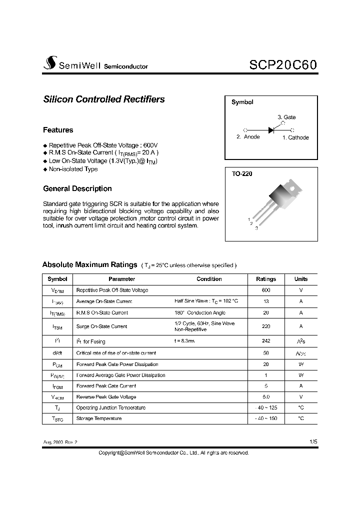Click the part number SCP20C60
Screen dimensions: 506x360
click(282, 65)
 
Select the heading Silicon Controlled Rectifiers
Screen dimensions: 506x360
click(104, 99)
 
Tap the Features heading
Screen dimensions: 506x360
click(58, 130)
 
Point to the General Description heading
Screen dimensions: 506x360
click(77, 188)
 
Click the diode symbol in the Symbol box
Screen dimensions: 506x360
click(271, 130)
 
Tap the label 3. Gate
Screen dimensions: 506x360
click(286, 117)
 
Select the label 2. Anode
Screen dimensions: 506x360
click(248, 137)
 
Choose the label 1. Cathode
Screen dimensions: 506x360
click(295, 137)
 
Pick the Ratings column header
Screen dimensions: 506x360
click(265, 279)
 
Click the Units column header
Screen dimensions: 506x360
click(301, 279)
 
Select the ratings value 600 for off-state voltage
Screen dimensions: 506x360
click(265, 290)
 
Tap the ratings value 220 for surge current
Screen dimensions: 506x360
click(265, 326)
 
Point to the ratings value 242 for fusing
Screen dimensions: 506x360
click(265, 341)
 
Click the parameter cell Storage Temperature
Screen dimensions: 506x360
click(98, 418)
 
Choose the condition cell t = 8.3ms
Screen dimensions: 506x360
click(184, 341)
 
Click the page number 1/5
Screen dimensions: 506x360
click(313, 442)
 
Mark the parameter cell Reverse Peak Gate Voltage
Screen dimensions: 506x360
click(106, 397)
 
